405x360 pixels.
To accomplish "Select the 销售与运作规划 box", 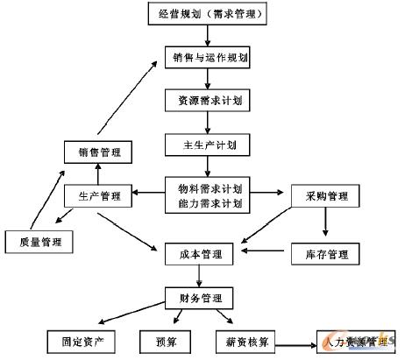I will tap(207, 59).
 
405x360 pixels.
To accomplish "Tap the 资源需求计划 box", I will tap(207, 101).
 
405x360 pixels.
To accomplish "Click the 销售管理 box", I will tap(99, 152).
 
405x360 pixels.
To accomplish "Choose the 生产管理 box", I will tap(98, 195).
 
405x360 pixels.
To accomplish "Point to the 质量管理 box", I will tap(39, 239).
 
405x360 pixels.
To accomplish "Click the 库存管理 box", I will tap(320, 255).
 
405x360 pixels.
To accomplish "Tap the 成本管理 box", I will tap(200, 255).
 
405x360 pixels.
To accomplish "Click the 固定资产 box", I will tap(80, 340).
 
